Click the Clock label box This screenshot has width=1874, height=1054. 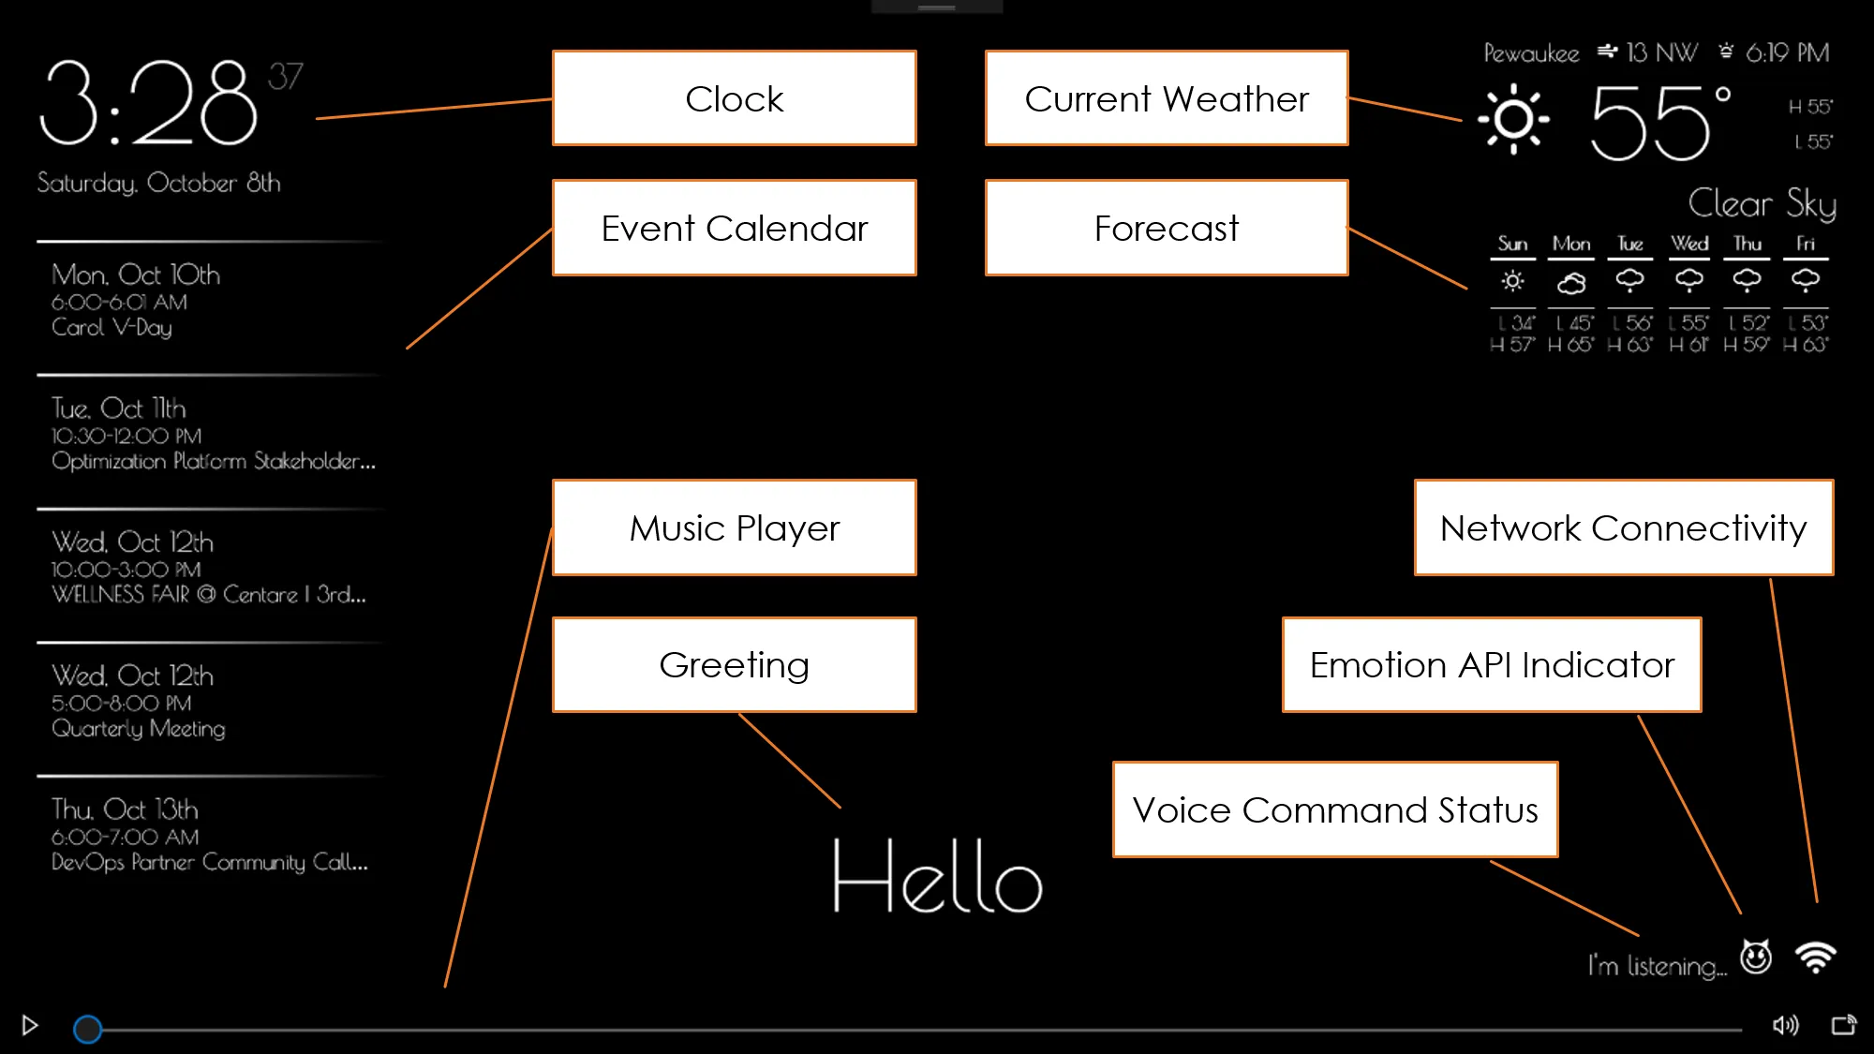734,98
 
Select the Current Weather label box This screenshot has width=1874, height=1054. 1166,98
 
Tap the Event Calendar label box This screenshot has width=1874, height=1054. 734,228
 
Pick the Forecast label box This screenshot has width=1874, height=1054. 1166,228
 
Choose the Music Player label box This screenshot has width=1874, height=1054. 734,527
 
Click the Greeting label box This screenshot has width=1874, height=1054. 734,664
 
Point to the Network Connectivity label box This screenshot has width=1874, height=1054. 1623,527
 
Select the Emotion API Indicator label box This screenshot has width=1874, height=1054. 1491,664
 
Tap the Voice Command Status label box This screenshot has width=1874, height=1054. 1334,809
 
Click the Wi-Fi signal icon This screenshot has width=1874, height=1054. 1815,958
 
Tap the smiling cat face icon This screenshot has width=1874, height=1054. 1756,957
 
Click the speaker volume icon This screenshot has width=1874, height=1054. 1785,1025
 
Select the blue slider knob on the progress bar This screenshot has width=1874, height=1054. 88,1029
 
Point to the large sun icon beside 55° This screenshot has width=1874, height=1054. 1513,119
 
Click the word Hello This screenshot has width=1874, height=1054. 937,877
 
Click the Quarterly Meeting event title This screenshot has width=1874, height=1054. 139,729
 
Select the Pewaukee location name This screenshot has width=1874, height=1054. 1531,53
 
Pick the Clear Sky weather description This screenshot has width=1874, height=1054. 1762,203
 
